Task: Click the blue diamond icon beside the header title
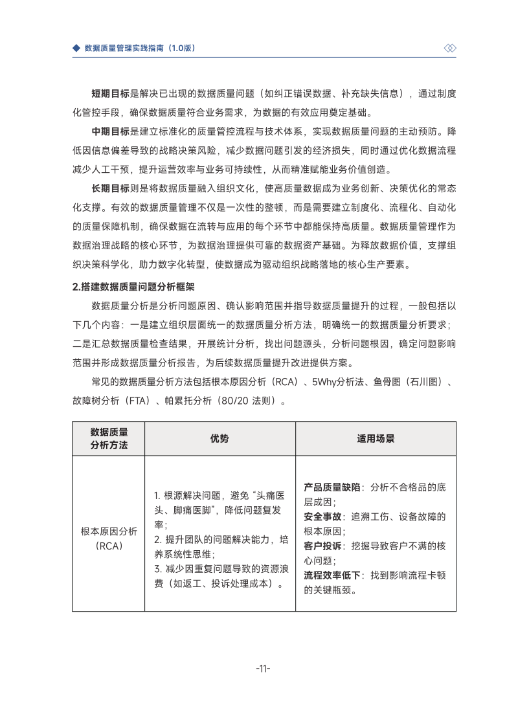(x=76, y=49)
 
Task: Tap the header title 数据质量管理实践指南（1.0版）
(x=140, y=49)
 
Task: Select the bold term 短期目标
(x=110, y=94)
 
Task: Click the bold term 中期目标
(x=110, y=131)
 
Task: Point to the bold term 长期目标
(x=110, y=188)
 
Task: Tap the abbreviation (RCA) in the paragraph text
(x=285, y=382)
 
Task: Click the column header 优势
(x=219, y=438)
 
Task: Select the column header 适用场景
(x=376, y=438)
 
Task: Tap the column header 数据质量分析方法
(x=109, y=438)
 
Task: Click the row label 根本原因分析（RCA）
(x=109, y=539)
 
